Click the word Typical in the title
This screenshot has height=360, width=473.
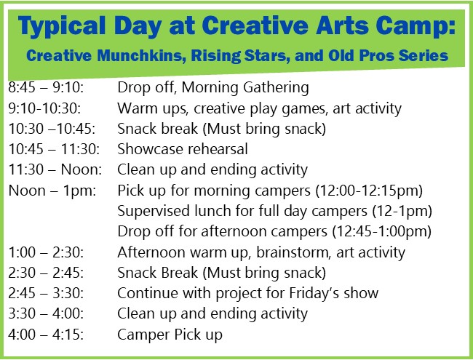click(x=62, y=26)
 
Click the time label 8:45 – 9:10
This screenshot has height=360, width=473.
click(x=46, y=87)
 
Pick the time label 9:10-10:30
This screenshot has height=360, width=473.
click(x=44, y=108)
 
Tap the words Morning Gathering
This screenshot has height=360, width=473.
click(x=245, y=88)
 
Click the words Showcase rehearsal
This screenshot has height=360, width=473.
click(x=183, y=149)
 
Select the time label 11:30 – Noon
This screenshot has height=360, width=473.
click(x=55, y=169)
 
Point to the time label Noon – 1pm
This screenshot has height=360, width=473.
click(x=52, y=191)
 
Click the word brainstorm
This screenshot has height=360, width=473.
click(x=292, y=252)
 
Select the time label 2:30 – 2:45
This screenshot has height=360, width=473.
click(x=46, y=273)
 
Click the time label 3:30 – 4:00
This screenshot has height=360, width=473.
click(x=46, y=313)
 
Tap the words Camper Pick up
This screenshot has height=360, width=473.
click(x=170, y=335)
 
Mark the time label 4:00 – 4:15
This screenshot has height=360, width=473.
click(x=46, y=335)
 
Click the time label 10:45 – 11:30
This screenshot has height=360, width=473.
click(x=54, y=149)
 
